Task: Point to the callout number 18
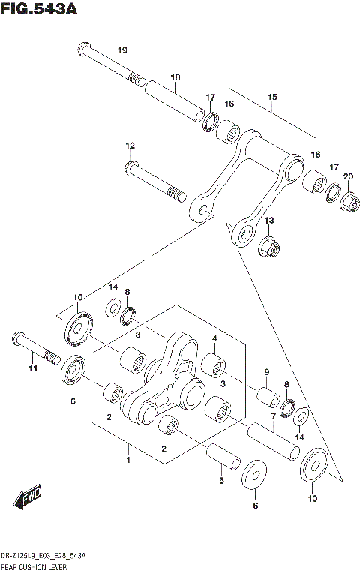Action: pos(175,77)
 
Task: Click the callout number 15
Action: pos(271,98)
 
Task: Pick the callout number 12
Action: pos(130,145)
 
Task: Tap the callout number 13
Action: pos(268,220)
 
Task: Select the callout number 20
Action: pos(347,176)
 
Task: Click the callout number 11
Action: pos(31,368)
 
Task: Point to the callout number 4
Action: pos(214,338)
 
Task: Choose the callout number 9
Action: pos(265,372)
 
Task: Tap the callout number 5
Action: pos(220,481)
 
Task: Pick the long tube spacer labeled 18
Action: pos(175,101)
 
